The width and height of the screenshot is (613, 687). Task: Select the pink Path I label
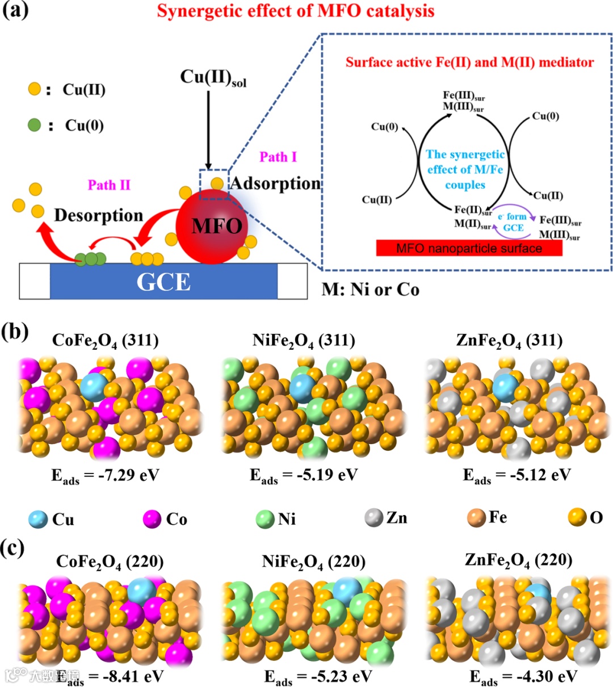(278, 157)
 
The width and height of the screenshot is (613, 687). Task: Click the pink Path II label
(109, 185)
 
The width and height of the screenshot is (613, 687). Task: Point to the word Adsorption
(275, 183)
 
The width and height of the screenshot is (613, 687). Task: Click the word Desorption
(98, 215)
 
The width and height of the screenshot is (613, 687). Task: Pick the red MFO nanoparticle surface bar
(469, 248)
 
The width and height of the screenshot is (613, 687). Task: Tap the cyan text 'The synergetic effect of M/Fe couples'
(465, 169)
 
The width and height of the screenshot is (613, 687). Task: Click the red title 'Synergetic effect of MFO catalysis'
(295, 11)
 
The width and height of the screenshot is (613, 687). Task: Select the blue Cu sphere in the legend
(39, 519)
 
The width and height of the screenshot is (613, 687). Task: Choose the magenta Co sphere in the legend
(152, 519)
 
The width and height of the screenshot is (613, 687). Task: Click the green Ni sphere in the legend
(265, 519)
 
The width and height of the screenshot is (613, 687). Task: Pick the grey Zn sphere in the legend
(373, 518)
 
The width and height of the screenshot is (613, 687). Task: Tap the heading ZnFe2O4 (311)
(509, 340)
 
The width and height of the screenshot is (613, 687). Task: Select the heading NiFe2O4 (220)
(314, 562)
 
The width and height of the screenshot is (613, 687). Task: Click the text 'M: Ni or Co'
(371, 290)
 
